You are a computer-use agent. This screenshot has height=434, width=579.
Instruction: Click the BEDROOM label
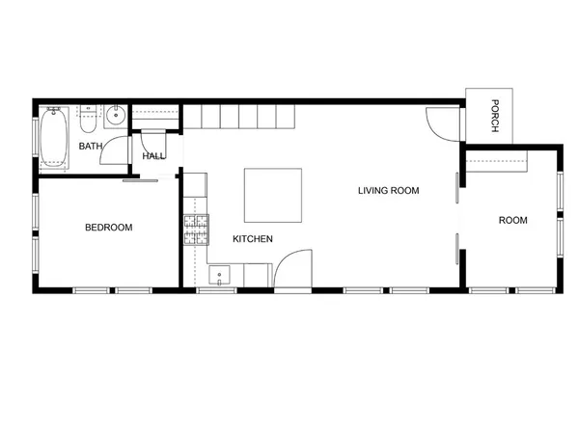(x=108, y=228)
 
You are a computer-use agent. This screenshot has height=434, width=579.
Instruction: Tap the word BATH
(x=91, y=147)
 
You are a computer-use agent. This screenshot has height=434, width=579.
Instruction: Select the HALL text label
(x=153, y=156)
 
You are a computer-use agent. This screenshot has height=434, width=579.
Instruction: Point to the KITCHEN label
(x=253, y=238)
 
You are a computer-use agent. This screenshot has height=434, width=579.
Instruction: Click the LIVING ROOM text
(x=389, y=191)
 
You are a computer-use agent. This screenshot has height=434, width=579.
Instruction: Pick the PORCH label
(x=493, y=116)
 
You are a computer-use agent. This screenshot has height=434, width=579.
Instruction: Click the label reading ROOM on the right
(x=512, y=221)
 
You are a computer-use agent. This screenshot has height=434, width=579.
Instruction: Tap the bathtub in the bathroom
(x=53, y=139)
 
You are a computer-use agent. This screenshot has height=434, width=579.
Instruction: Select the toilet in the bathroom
(x=87, y=121)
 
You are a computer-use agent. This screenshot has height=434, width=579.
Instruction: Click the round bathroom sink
(x=114, y=117)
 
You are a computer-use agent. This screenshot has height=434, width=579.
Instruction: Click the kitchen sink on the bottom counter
(x=219, y=278)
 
